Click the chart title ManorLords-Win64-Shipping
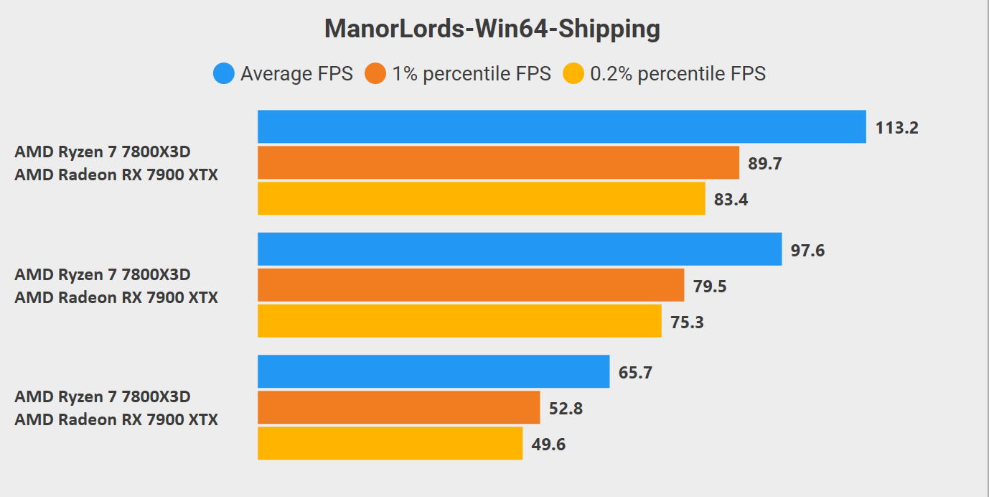coord(492,29)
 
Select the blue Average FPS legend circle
coord(224,73)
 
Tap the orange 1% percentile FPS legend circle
coord(375,73)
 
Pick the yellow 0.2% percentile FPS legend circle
coord(573,73)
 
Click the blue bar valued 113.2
coord(561,126)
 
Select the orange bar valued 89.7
coord(498,162)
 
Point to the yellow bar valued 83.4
coord(481,198)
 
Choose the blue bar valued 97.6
coord(520,249)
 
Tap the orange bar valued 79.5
coord(471,285)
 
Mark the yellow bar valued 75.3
coord(459,321)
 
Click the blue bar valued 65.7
coord(433,371)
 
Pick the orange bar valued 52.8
coord(398,407)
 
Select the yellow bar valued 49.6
coord(390,443)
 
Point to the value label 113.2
coord(896,128)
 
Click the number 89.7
coord(764,164)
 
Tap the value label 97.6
coord(807,251)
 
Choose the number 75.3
coord(687,322)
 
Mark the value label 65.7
coord(635,373)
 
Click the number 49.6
coord(548,445)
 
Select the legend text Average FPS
coord(296,73)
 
